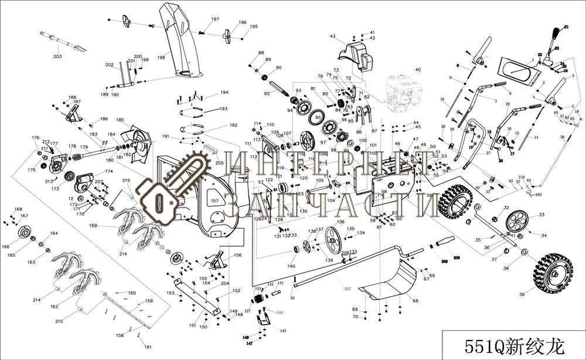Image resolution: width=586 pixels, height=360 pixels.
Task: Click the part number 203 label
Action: pos(57,57)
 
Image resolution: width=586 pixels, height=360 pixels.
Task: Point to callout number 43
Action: pos(332,37)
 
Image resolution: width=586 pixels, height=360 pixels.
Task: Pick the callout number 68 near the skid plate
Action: pos(415,301)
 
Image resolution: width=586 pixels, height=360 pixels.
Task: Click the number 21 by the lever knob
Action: pos(567,27)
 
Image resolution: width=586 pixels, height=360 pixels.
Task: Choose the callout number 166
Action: pos(6,246)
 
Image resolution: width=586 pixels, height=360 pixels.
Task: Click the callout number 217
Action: pos(347,288)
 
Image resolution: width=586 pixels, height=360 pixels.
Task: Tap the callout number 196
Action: pos(243,22)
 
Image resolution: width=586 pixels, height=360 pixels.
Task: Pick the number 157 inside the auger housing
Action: pos(214,201)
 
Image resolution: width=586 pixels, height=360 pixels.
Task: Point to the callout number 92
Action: pos(267,94)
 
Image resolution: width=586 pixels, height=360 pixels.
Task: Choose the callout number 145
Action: pos(283,331)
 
